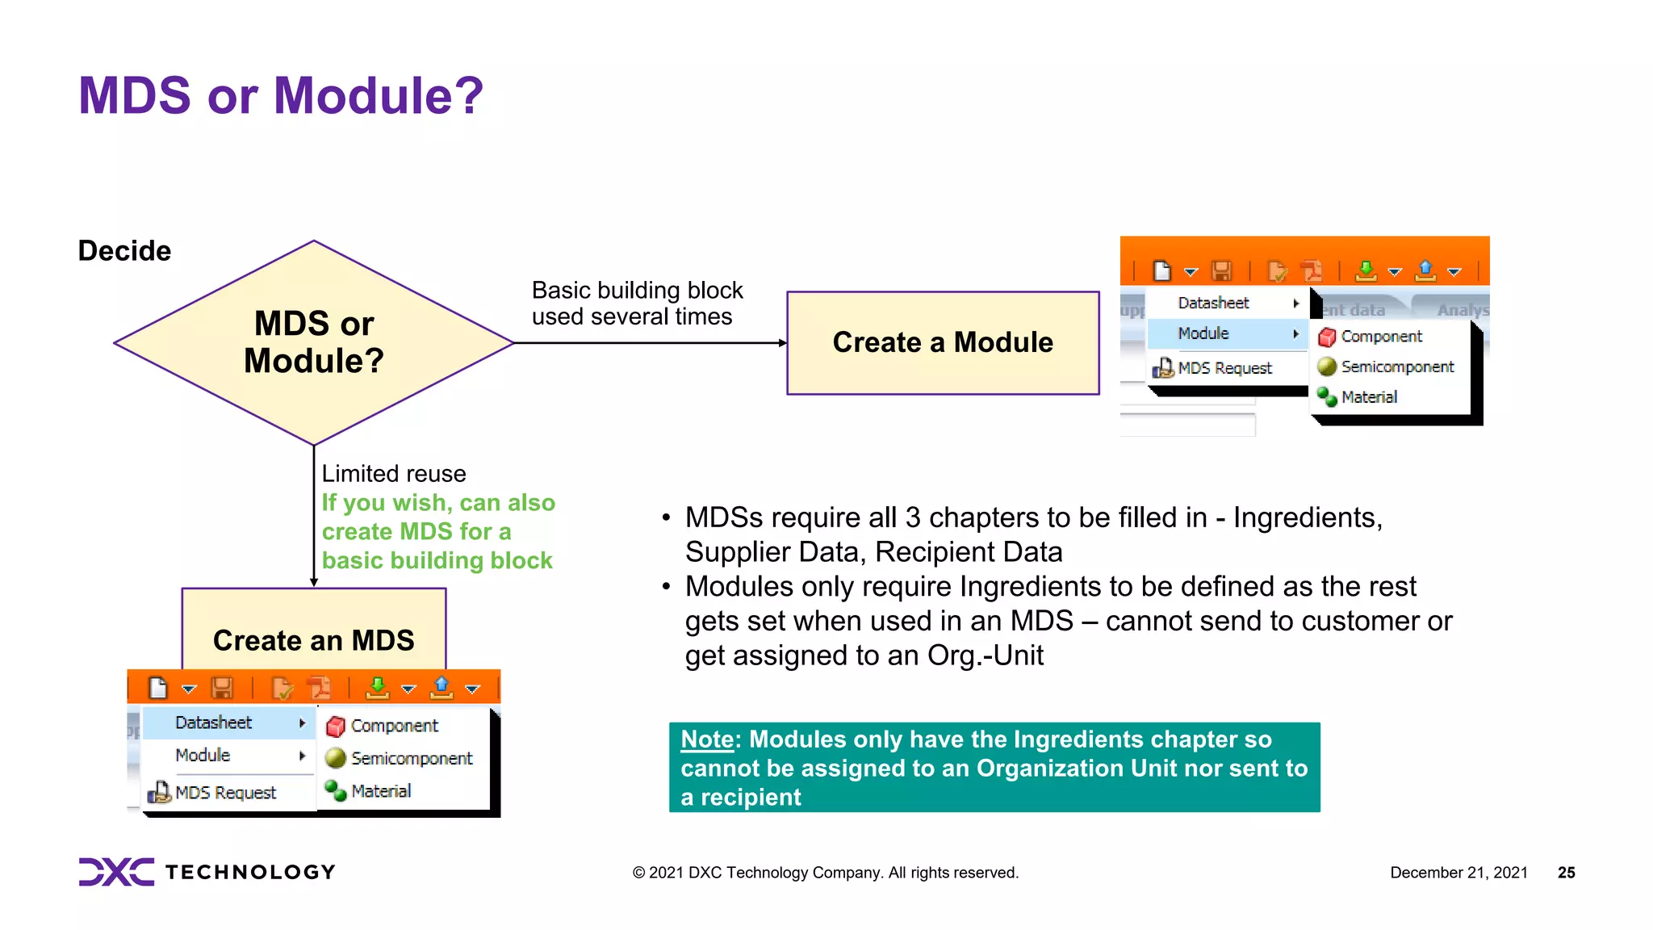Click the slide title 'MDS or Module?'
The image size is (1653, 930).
tap(280, 95)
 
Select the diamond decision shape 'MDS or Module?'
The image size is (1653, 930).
tap(313, 342)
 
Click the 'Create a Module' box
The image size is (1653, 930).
tap(942, 342)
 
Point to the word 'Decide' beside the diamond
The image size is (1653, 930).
tap(124, 251)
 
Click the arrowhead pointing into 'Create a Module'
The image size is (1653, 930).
tap(781, 343)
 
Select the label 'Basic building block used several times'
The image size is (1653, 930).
tap(636, 304)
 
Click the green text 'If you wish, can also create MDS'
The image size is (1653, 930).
tap(437, 517)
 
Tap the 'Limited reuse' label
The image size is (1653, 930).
tap(394, 474)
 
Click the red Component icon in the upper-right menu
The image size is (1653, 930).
tap(1327, 337)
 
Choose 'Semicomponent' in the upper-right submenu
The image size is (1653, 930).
tap(1396, 367)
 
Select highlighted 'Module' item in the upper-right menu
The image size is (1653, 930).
tap(1203, 333)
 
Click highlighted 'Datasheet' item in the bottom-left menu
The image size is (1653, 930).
tap(214, 723)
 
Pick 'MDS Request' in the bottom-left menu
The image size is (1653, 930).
tap(225, 793)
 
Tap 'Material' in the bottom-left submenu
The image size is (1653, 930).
tap(381, 791)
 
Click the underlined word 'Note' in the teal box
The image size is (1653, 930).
tap(706, 739)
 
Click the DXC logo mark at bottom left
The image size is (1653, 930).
tap(116, 872)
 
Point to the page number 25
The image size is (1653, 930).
tap(1566, 873)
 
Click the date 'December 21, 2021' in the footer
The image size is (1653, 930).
tap(1458, 873)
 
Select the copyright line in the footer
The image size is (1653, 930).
tap(825, 873)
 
